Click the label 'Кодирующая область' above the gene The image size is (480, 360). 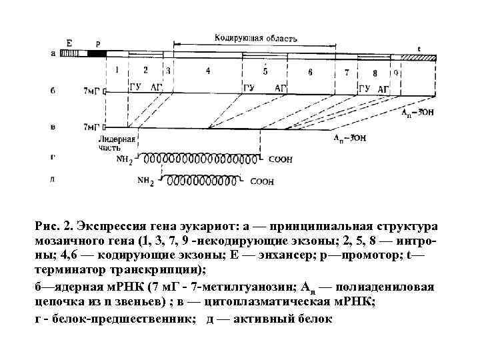(x=256, y=38)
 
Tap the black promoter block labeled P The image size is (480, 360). (x=97, y=54)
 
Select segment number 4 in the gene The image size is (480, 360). (x=208, y=70)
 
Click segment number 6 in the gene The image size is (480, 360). (x=310, y=71)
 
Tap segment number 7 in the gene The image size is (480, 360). (x=347, y=71)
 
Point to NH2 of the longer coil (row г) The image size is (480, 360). (x=125, y=160)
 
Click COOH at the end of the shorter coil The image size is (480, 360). (x=261, y=181)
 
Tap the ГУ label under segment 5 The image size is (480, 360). (x=249, y=88)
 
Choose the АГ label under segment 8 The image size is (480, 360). (x=383, y=89)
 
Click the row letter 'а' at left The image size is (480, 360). (x=53, y=53)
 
